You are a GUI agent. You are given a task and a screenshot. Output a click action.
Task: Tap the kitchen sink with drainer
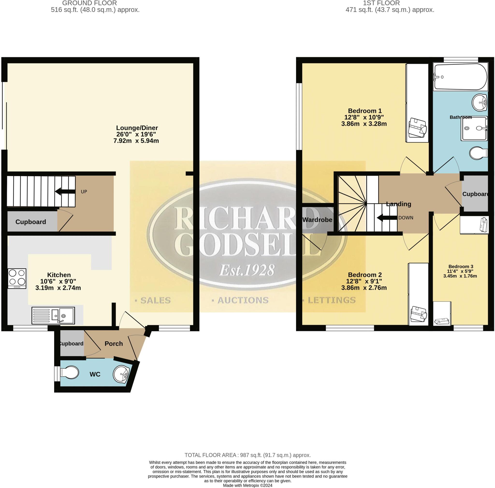click(53, 315)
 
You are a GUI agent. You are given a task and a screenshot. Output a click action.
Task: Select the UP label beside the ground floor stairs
click(84, 191)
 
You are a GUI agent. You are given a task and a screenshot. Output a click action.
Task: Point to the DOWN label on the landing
click(406, 218)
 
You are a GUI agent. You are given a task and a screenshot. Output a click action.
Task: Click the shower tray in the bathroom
click(474, 128)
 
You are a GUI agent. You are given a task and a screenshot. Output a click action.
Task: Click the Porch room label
click(114, 343)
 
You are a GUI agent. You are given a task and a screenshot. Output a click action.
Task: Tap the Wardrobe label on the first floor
click(317, 219)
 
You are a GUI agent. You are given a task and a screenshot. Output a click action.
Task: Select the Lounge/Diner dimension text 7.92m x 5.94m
click(136, 141)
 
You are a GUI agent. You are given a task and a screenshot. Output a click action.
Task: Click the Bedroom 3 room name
click(461, 266)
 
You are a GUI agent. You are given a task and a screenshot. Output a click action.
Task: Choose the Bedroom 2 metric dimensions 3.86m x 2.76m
click(364, 287)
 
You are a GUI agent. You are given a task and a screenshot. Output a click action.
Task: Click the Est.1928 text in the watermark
click(247, 270)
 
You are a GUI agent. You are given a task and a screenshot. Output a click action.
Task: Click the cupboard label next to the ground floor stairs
click(30, 222)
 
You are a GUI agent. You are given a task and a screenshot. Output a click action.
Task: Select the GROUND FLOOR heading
click(90, 3)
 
